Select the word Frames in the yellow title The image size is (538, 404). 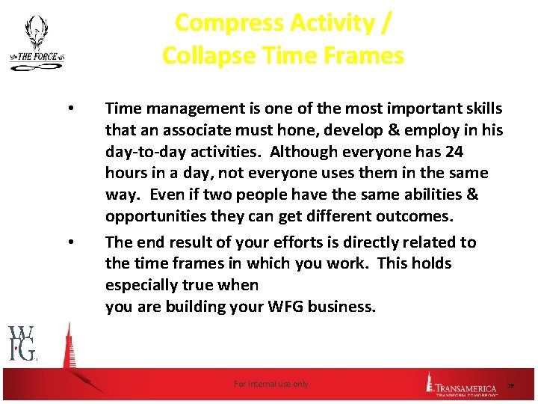pos(366,55)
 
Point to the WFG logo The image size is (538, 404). pos(22,343)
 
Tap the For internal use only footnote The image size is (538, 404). pos(270,384)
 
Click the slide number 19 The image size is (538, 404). pos(511,385)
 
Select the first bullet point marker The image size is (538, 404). pos(69,109)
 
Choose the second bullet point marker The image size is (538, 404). pos(69,242)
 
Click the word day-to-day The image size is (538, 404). pos(145,152)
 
